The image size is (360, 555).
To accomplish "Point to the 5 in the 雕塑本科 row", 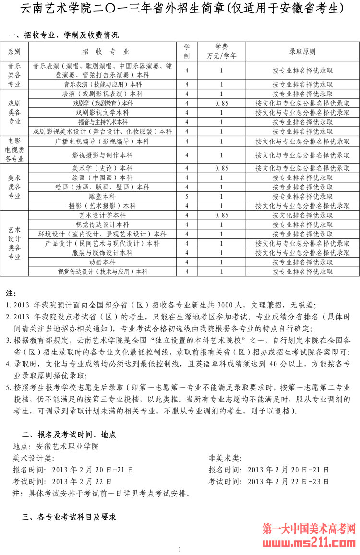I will [187, 196].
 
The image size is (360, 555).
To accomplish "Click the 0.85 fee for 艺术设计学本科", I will [221, 215].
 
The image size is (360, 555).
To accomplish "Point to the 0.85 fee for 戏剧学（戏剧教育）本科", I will [221, 103].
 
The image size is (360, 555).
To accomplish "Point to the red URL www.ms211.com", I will [309, 543].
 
